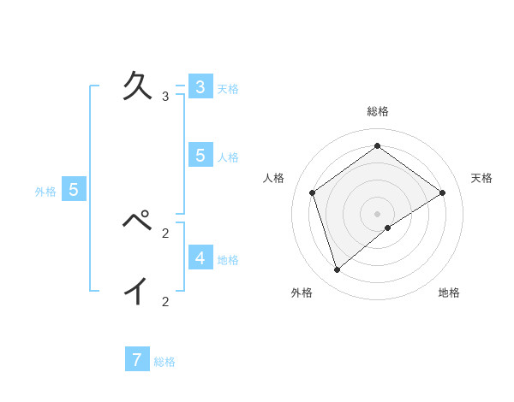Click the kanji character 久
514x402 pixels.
[x=140, y=86]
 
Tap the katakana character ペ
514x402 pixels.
[x=140, y=222]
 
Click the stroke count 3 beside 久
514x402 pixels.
[x=164, y=97]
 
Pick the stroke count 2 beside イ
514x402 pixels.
[x=164, y=301]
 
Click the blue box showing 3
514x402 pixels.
[x=200, y=87]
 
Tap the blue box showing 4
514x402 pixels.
[x=200, y=257]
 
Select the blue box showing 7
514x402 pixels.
[x=136, y=360]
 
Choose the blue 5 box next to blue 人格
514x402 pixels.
[x=200, y=156]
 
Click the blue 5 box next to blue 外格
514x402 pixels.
[x=74, y=190]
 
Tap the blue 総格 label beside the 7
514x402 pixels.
[x=164, y=362]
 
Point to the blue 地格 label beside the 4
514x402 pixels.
[x=228, y=260]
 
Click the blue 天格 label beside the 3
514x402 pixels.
[x=228, y=89]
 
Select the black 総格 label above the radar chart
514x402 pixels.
[x=378, y=111]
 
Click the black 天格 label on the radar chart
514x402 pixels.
[x=481, y=178]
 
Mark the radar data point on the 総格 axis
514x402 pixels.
[x=377, y=145]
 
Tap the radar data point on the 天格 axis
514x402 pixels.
[x=442, y=192]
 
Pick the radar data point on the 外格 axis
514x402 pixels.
[x=338, y=270]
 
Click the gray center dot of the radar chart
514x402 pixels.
[x=377, y=213]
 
